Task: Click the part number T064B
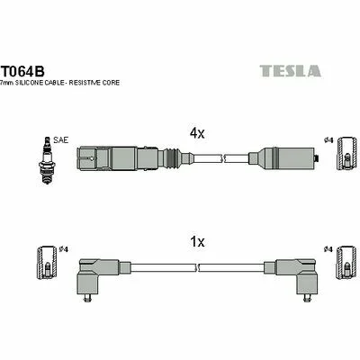point(23,71)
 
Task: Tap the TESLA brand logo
point(290,71)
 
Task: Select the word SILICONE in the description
point(26,83)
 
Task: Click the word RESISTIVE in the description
point(88,83)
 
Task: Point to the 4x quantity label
point(197,133)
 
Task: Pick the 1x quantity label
point(197,241)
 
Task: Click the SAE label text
point(60,139)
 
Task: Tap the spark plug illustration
point(46,160)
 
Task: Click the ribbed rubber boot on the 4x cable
point(172,157)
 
